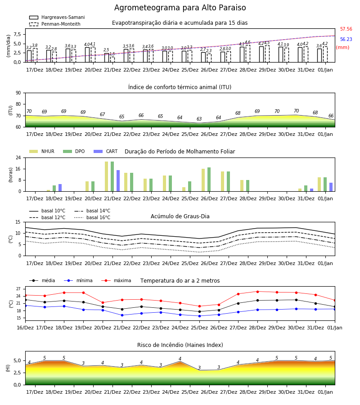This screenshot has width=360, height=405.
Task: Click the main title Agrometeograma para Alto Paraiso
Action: [180, 8]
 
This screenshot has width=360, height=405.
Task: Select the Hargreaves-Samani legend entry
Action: [57, 17]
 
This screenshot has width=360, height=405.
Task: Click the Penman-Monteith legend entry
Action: [55, 24]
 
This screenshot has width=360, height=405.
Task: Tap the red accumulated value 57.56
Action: [346, 29]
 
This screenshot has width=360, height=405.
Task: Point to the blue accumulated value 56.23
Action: [346, 39]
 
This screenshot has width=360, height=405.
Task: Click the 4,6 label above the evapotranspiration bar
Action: [247, 42]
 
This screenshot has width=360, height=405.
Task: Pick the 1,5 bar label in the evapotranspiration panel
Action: [112, 54]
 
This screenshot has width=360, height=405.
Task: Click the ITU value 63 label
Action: [199, 119]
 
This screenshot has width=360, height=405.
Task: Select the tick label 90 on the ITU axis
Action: [18, 93]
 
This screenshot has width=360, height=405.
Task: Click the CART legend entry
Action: [106, 151]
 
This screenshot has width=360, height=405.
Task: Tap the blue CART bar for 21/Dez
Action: [118, 181]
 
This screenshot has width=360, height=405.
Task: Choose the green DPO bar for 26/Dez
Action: [209, 180]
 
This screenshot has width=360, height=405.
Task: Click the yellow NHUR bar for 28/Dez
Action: [242, 186]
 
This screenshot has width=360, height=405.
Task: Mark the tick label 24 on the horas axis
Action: [18, 157]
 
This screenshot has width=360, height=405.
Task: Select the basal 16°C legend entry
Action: [92, 217]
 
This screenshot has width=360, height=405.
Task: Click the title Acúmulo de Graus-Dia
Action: [180, 216]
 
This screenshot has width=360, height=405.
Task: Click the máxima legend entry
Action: [117, 280]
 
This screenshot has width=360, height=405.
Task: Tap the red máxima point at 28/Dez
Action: [257, 292]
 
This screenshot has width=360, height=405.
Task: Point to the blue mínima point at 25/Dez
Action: [199, 316]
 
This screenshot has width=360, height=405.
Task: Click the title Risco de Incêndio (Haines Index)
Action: [180, 345]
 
